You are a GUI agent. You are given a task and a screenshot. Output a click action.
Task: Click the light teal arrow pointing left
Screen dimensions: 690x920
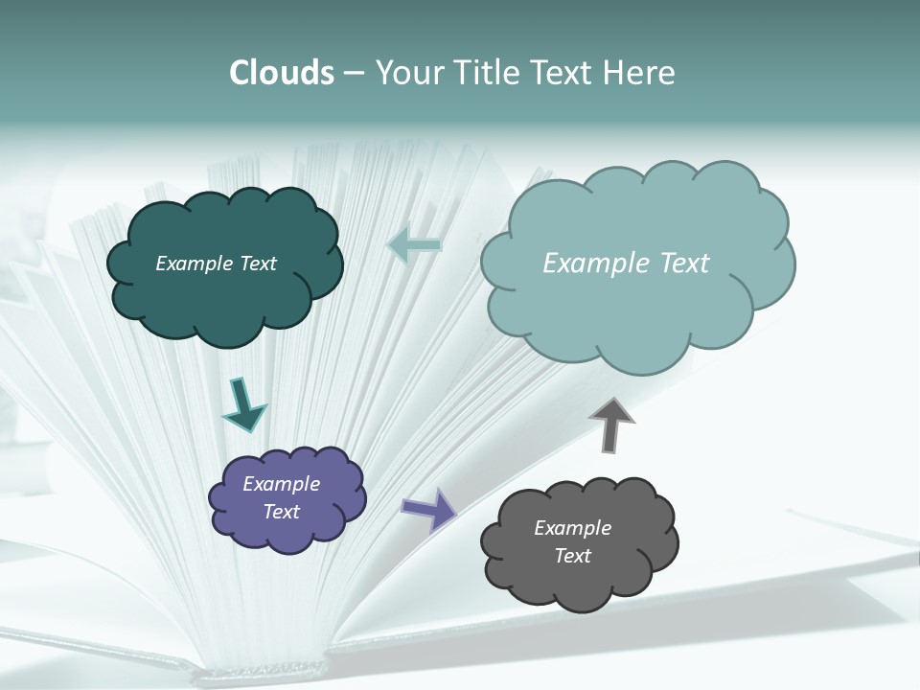click(414, 245)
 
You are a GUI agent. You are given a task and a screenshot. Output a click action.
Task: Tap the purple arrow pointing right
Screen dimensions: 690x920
click(428, 509)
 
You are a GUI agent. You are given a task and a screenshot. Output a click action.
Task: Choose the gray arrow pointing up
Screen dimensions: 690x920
click(611, 424)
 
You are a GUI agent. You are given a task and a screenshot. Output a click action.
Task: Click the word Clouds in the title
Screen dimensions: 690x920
click(282, 73)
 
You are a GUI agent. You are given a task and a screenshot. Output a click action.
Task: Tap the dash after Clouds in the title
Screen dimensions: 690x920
click(354, 73)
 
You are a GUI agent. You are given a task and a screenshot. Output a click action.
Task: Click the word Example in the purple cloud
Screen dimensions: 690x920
click(281, 484)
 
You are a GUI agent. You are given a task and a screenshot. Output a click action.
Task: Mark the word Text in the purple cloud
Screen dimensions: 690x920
click(281, 512)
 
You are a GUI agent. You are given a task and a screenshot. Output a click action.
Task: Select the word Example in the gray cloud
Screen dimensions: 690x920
click(572, 528)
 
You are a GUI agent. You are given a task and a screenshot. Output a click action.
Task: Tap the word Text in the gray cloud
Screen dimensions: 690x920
click(572, 556)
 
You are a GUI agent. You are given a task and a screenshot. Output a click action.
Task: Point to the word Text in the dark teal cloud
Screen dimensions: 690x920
click(258, 264)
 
